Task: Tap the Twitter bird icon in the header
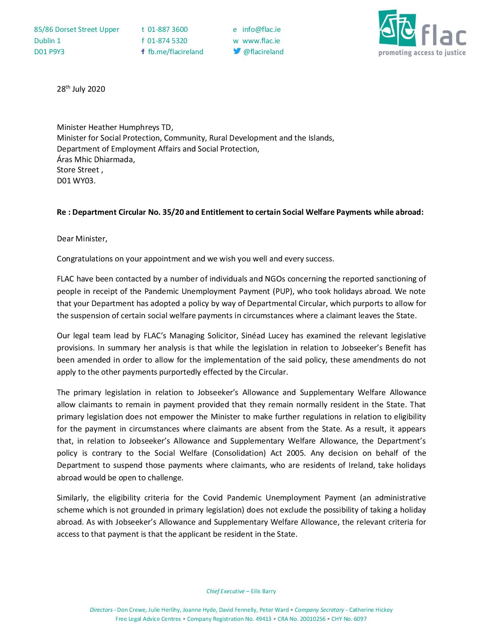coord(237,52)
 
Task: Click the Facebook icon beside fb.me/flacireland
coord(143,52)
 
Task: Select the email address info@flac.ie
coord(261,30)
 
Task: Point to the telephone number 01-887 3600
coord(167,30)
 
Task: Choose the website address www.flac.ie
coord(261,41)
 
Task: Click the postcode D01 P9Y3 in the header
coord(49,52)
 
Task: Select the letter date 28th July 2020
coord(81,89)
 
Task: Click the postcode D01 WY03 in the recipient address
coord(76,181)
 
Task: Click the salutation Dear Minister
coord(82,239)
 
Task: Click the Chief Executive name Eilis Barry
coord(263,591)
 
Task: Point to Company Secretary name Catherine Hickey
coord(371,610)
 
